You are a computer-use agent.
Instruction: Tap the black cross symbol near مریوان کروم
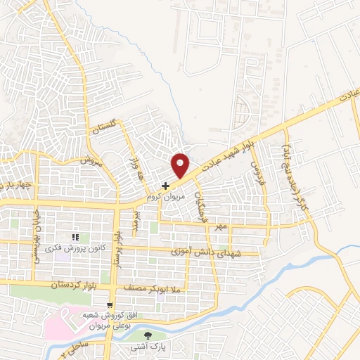click(165, 186)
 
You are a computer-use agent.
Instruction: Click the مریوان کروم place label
click(164, 198)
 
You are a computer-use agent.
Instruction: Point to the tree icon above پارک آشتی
click(147, 335)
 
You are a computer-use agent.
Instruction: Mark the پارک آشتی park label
click(146, 347)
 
